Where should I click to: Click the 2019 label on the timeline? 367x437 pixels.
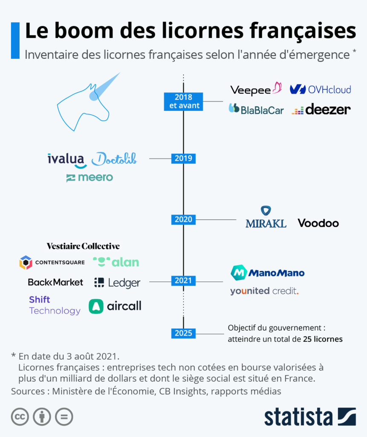tap(183, 158)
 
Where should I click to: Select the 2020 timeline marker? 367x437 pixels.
tap(183, 219)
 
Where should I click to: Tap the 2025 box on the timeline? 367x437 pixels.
tap(183, 333)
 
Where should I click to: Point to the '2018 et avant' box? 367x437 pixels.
tap(183, 102)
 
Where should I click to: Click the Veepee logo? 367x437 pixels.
tap(256, 89)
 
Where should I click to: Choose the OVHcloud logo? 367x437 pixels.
tap(320, 90)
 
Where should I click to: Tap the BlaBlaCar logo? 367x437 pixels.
tap(256, 109)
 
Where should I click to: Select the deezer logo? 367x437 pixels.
tap(321, 109)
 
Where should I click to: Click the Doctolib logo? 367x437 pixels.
tap(114, 159)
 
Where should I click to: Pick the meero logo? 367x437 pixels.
tap(90, 178)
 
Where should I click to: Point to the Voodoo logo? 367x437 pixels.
tap(318, 223)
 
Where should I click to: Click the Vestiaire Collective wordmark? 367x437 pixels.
tap(83, 246)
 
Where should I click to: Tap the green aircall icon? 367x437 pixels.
tap(96, 306)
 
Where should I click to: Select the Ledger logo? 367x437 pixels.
tap(117, 283)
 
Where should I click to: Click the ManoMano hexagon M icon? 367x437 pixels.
tap(239, 273)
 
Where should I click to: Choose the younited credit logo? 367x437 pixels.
tap(264, 291)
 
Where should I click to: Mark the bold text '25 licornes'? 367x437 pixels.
tap(323, 339)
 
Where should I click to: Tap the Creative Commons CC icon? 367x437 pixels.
tap(20, 417)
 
